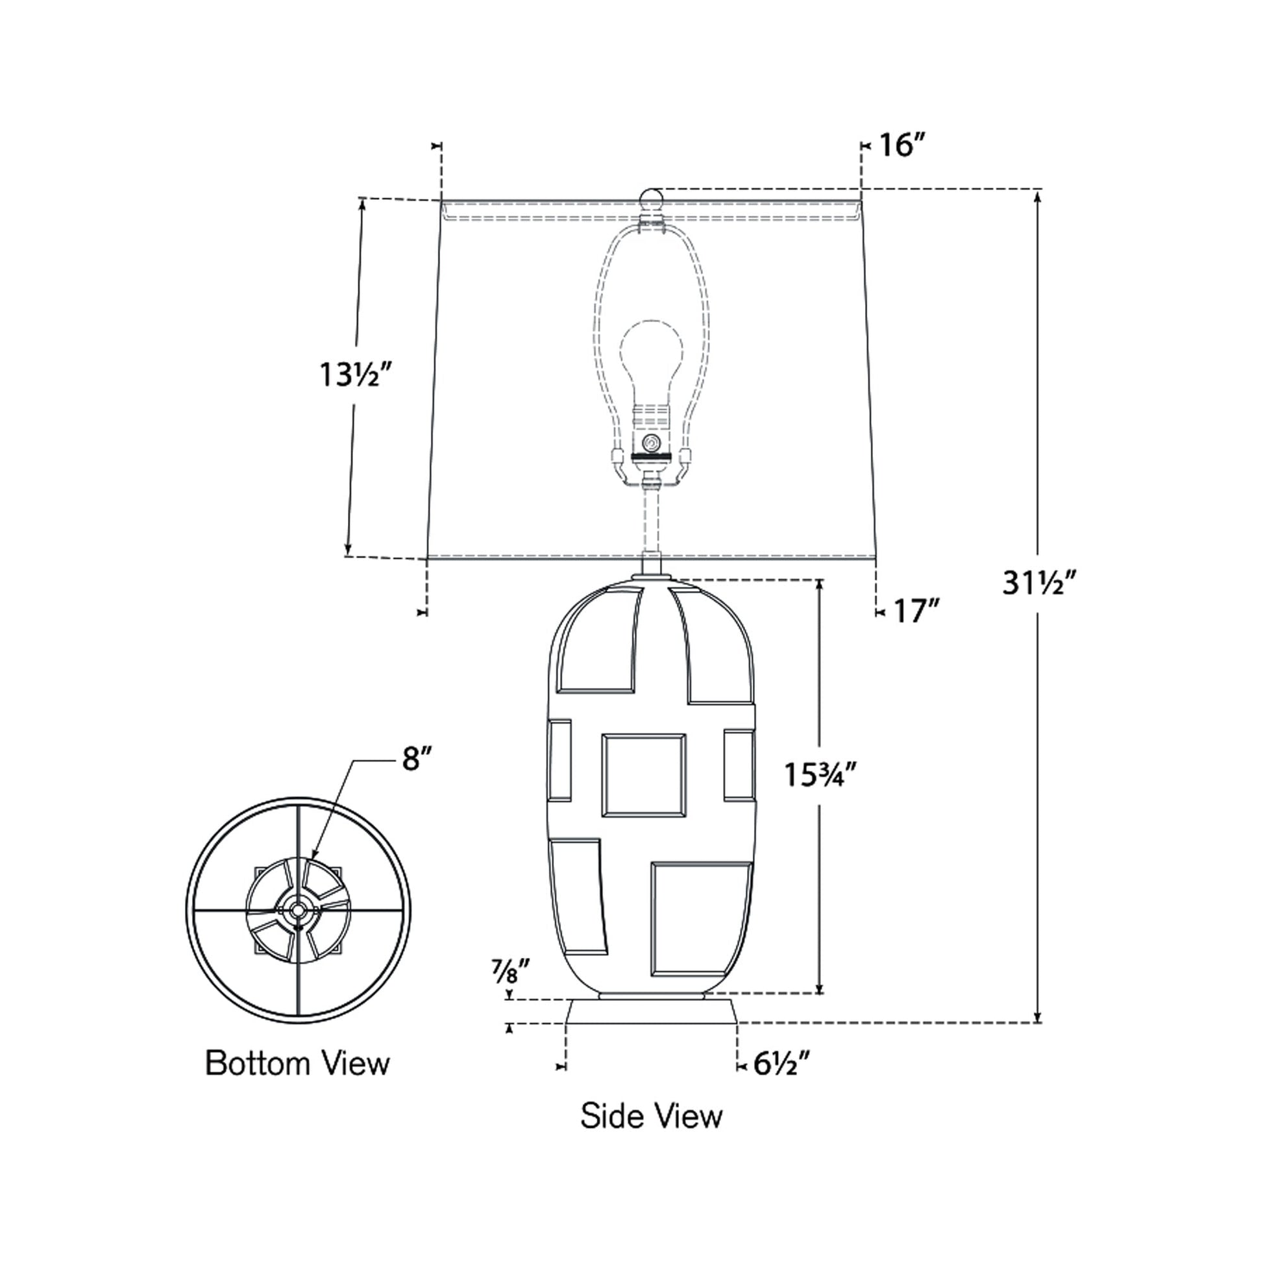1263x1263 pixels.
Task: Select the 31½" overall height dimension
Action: [x=1038, y=582]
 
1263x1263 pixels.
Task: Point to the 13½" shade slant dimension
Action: [x=357, y=375]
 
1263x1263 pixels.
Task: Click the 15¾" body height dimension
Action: [x=819, y=776]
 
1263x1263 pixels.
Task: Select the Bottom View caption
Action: [x=297, y=1063]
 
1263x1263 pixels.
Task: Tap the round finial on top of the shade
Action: [x=650, y=198]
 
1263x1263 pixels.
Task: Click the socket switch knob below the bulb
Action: [x=650, y=443]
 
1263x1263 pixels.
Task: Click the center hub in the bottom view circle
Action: [x=298, y=909]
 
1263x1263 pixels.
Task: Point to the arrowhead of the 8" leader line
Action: [x=313, y=855]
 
